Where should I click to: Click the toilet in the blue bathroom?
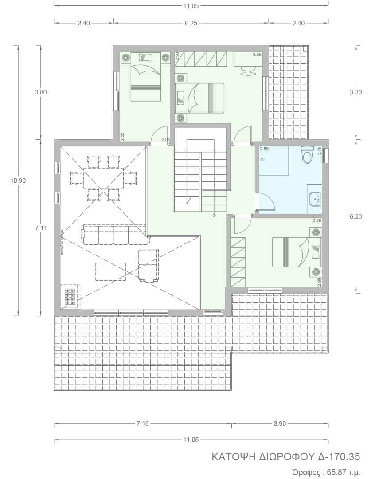click(x=307, y=154)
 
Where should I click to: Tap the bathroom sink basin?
click(x=314, y=199)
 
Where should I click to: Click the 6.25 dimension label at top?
click(x=191, y=23)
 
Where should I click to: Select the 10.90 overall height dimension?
click(x=18, y=180)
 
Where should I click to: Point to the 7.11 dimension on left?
click(x=41, y=228)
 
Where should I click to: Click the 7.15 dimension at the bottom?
click(x=142, y=424)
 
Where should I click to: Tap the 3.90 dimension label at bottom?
click(x=280, y=424)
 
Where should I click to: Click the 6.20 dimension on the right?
click(x=356, y=216)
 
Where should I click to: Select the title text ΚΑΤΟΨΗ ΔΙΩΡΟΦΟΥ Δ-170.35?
click(x=286, y=457)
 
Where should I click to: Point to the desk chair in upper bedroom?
click(x=248, y=71)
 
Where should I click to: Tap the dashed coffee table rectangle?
click(x=110, y=271)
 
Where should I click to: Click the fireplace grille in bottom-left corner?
click(x=70, y=296)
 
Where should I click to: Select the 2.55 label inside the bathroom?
click(x=264, y=149)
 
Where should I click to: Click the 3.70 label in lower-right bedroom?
click(x=317, y=220)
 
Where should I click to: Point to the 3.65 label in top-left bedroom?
click(x=122, y=137)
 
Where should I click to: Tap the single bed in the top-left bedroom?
click(x=146, y=77)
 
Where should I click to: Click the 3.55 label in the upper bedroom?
click(x=257, y=55)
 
